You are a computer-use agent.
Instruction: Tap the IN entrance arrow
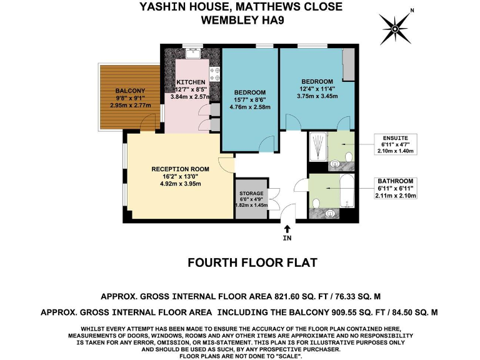point(287,232)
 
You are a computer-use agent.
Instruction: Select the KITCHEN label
point(191,82)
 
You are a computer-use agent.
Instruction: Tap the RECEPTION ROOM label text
point(180,169)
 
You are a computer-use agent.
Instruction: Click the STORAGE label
point(251,193)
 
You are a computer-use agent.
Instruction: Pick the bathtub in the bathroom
point(346,190)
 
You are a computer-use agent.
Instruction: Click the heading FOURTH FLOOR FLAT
point(252,262)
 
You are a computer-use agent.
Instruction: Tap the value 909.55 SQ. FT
point(324,309)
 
